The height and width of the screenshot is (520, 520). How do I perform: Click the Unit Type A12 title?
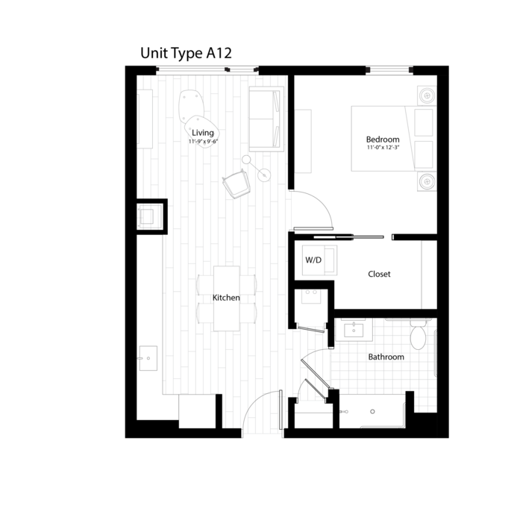(x=186, y=54)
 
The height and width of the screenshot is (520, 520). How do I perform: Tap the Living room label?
(x=203, y=133)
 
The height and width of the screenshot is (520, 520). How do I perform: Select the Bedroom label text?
(x=383, y=140)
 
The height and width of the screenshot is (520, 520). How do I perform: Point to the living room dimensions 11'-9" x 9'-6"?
(x=203, y=142)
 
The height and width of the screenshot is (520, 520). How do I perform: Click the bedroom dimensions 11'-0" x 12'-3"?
(x=383, y=147)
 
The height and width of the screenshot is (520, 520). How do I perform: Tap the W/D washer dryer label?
(x=313, y=260)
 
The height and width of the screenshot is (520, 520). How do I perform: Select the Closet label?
(x=379, y=274)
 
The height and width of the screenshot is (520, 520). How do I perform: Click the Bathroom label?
(x=386, y=357)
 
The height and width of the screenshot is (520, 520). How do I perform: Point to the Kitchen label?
(x=226, y=298)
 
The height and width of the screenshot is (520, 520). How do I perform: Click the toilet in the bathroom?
(x=418, y=334)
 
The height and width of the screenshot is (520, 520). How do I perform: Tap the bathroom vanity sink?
(x=354, y=330)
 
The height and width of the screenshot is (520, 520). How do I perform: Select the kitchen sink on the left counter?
(x=148, y=358)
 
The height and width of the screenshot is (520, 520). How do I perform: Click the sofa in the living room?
(x=266, y=119)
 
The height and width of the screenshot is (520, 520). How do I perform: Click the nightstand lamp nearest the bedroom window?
(x=427, y=95)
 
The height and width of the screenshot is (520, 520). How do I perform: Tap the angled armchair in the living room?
(x=236, y=184)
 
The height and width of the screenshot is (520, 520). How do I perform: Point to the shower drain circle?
(x=372, y=412)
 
